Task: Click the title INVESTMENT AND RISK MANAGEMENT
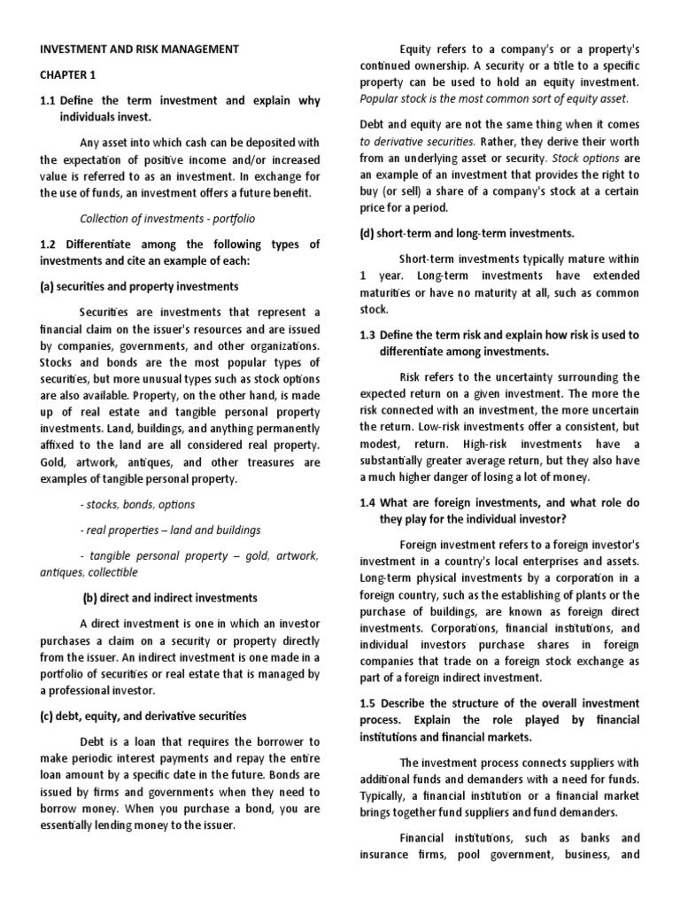138,50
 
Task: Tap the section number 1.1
49,101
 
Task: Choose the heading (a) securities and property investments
138,287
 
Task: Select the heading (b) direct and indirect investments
169,598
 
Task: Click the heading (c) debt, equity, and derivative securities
143,715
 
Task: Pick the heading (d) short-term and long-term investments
467,233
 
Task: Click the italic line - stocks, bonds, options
137,504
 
